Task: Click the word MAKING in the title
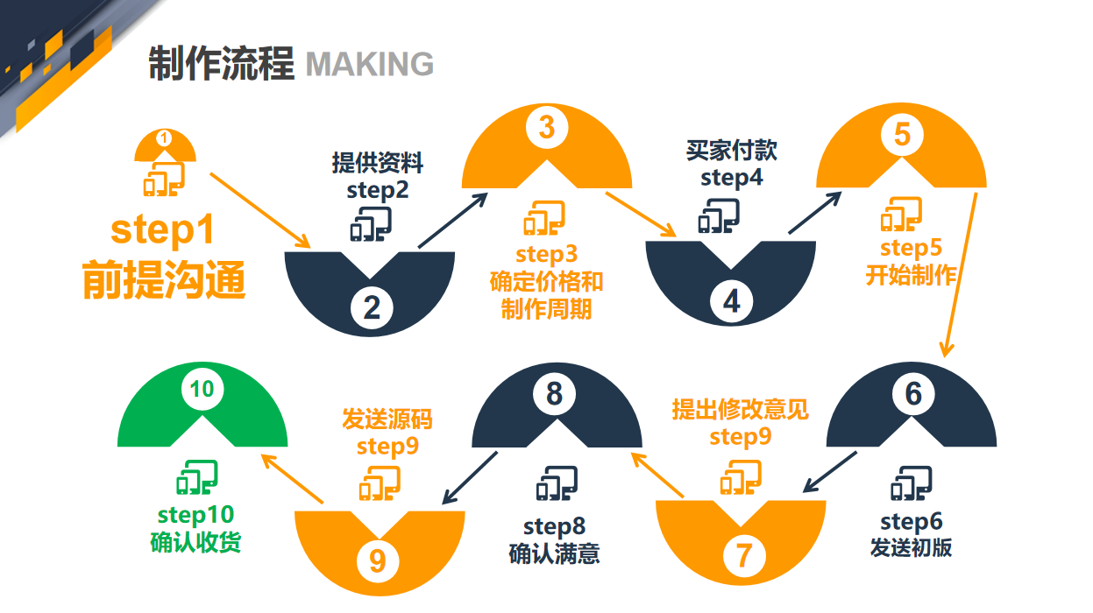[x=369, y=64]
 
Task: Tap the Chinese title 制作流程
[x=221, y=63]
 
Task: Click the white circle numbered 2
[x=373, y=307]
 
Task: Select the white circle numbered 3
[x=546, y=128]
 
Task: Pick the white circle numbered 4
[x=732, y=301]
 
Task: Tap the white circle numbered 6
[x=913, y=394]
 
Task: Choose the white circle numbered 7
[x=743, y=555]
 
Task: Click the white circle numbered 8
[x=554, y=394]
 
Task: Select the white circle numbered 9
[x=377, y=560]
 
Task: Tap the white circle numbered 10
[x=202, y=389]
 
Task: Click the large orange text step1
[x=162, y=230]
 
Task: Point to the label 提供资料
[x=377, y=163]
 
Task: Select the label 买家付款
[x=731, y=151]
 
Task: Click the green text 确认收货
[x=196, y=542]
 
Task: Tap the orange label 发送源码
[x=387, y=419]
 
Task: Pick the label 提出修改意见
[x=740, y=409]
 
